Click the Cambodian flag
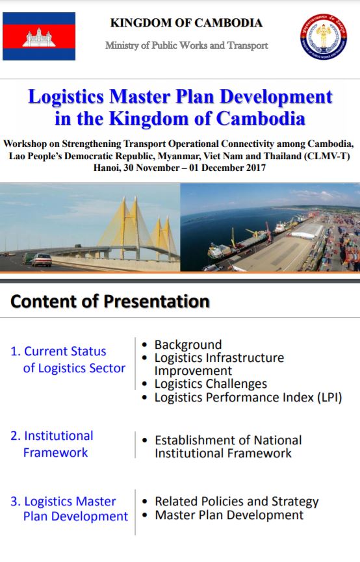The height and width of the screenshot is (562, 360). coord(39,36)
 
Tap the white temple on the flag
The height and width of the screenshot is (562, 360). coord(39,37)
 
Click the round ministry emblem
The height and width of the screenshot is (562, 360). coord(324,36)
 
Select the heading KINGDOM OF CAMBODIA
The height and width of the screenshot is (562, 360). coord(186,23)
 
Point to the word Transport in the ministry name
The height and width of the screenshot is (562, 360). coord(248,45)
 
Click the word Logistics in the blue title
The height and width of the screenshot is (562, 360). coord(66,97)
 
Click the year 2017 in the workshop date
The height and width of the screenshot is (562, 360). coord(255,168)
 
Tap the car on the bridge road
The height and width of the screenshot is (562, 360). coord(42,260)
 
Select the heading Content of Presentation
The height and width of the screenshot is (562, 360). coord(110,301)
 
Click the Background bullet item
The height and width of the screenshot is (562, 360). coord(188,344)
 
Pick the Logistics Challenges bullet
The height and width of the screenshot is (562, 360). coord(211,384)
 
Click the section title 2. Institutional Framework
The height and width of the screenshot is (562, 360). coord(52,444)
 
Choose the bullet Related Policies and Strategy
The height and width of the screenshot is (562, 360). coord(237,502)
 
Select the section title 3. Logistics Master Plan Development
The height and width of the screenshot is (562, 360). coord(69,509)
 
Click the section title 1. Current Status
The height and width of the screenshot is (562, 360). coord(58,351)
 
